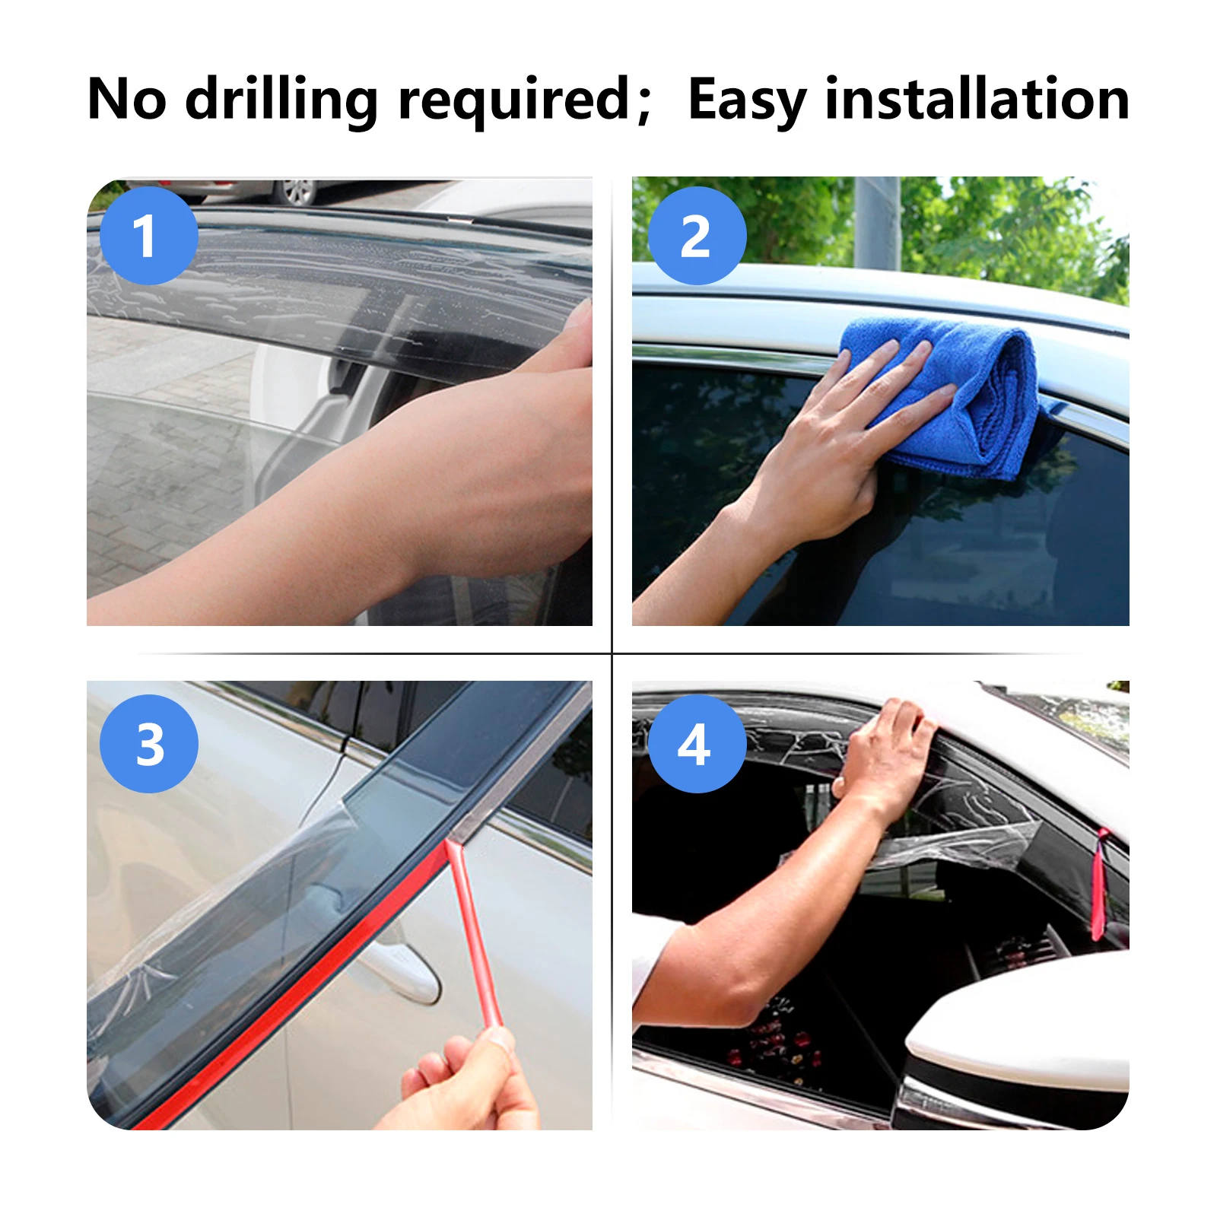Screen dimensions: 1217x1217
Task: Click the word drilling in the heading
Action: (281, 100)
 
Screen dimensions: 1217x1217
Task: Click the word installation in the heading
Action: (977, 100)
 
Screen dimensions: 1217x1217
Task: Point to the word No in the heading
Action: (126, 100)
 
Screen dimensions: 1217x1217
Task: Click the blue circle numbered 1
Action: (148, 235)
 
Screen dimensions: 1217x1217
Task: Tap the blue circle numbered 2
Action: (696, 235)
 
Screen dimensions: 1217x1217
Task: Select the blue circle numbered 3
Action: (148, 743)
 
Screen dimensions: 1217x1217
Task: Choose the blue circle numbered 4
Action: (696, 743)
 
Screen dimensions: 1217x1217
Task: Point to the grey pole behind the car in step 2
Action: (876, 221)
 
